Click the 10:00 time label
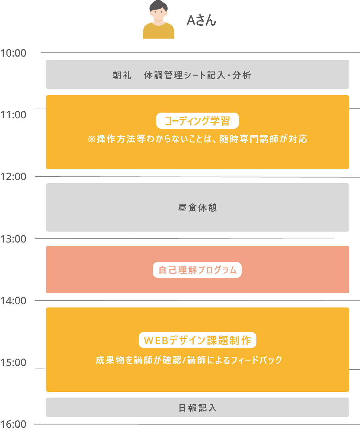pyautogui.click(x=13, y=53)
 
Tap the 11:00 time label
pyautogui.click(x=13, y=115)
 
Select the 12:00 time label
pyautogui.click(x=13, y=177)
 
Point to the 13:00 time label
pyautogui.click(x=13, y=239)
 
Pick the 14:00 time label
pyautogui.click(x=13, y=301)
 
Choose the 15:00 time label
pyautogui.click(x=13, y=362)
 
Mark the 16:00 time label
pyautogui.click(x=13, y=424)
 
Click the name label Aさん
pyautogui.click(x=201, y=21)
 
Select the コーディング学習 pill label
pyautogui.click(x=198, y=121)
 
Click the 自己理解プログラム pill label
pyautogui.click(x=197, y=270)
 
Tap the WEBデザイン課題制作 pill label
pyautogui.click(x=198, y=340)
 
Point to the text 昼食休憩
pyautogui.click(x=198, y=208)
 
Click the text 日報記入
pyautogui.click(x=198, y=408)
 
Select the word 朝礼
pyautogui.click(x=122, y=75)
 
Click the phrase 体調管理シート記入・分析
pyautogui.click(x=198, y=75)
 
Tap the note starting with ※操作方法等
pyautogui.click(x=198, y=139)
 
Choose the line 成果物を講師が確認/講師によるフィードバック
pyautogui.click(x=189, y=361)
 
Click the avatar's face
pyautogui.click(x=158, y=14)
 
